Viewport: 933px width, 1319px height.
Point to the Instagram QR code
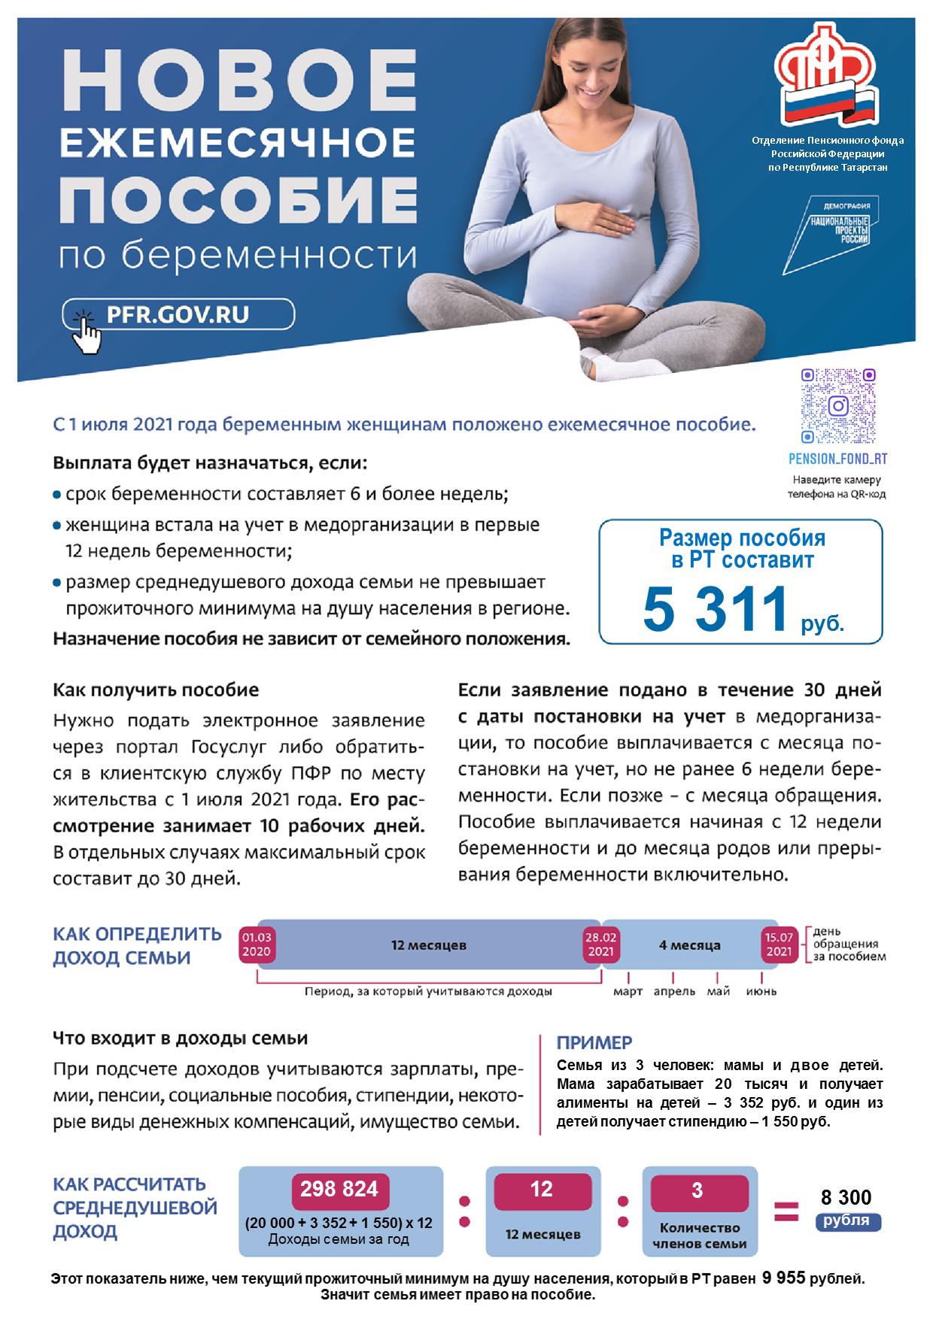coord(838,406)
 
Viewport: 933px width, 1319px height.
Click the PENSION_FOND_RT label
coord(837,459)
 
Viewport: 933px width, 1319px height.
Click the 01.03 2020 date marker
coord(257,945)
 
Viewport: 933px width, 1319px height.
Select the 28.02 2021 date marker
coord(601,945)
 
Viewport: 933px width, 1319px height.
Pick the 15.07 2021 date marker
coord(780,945)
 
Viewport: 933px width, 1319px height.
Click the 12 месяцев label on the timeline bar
coord(428,945)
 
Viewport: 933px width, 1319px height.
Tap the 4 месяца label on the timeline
coord(689,945)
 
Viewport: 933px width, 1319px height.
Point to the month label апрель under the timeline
coord(674,992)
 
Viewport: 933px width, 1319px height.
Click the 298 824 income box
coord(339,1190)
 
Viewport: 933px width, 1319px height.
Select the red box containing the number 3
coord(697,1191)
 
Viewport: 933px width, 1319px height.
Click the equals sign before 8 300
coord(786,1211)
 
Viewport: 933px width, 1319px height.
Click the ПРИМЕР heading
coord(594,1043)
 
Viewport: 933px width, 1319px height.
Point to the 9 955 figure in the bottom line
coord(783,1278)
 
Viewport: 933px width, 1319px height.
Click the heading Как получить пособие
coord(156,690)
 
